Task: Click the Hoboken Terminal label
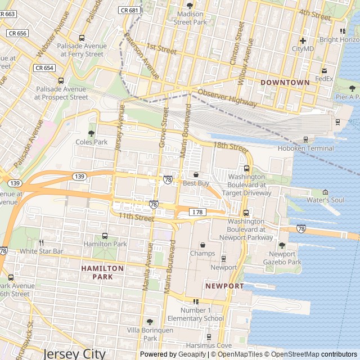(305, 148)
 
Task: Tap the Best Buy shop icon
(196, 175)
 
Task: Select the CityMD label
(302, 49)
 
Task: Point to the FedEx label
(324, 79)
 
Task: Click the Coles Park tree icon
(91, 133)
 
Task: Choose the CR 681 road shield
(129, 10)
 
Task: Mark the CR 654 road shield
(44, 67)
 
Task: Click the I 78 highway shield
(196, 211)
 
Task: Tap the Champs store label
(202, 254)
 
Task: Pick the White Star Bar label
(42, 250)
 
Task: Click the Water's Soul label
(325, 200)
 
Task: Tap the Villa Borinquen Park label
(150, 334)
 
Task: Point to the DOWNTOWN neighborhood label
(285, 83)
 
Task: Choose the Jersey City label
(74, 353)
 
